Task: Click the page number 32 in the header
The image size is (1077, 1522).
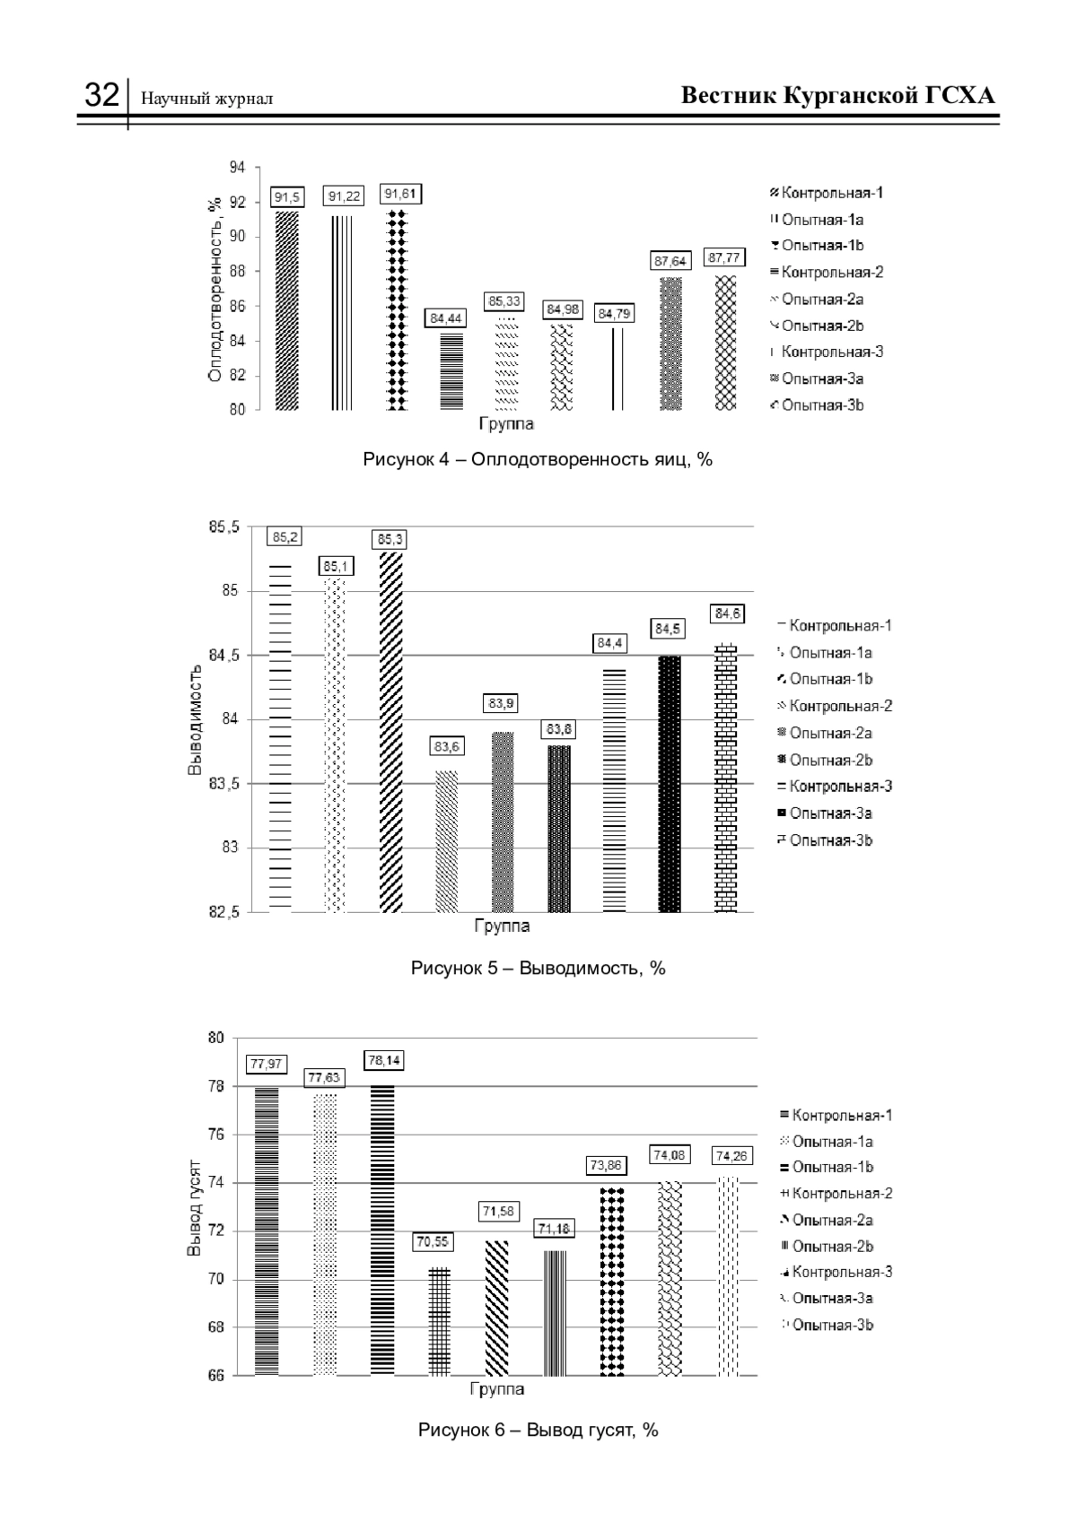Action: pyautogui.click(x=101, y=95)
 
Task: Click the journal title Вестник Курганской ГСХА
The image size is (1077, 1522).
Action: pyautogui.click(x=837, y=95)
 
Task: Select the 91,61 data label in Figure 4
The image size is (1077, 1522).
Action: pyautogui.click(x=399, y=195)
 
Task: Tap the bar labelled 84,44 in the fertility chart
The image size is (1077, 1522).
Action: pyautogui.click(x=451, y=371)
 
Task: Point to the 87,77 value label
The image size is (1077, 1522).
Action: pyautogui.click(x=723, y=257)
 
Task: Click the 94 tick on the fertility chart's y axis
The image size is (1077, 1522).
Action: pyautogui.click(x=237, y=167)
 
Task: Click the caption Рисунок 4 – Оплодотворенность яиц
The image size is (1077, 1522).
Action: pyautogui.click(x=537, y=460)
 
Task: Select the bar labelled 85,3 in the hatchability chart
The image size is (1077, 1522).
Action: pyautogui.click(x=390, y=732)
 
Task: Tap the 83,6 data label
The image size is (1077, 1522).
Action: pyautogui.click(x=446, y=747)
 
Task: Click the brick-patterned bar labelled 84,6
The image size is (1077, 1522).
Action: pyautogui.click(x=725, y=778)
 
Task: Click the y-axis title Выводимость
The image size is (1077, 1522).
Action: pyautogui.click(x=195, y=719)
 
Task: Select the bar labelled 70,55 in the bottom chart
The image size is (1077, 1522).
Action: pyautogui.click(x=439, y=1322)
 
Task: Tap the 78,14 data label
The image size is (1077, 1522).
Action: pyautogui.click(x=384, y=1061)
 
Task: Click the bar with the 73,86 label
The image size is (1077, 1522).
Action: pyautogui.click(x=612, y=1282)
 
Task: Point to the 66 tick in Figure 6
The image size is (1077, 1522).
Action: pyautogui.click(x=216, y=1377)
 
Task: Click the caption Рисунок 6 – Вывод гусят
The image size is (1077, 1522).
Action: pyautogui.click(x=538, y=1431)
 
